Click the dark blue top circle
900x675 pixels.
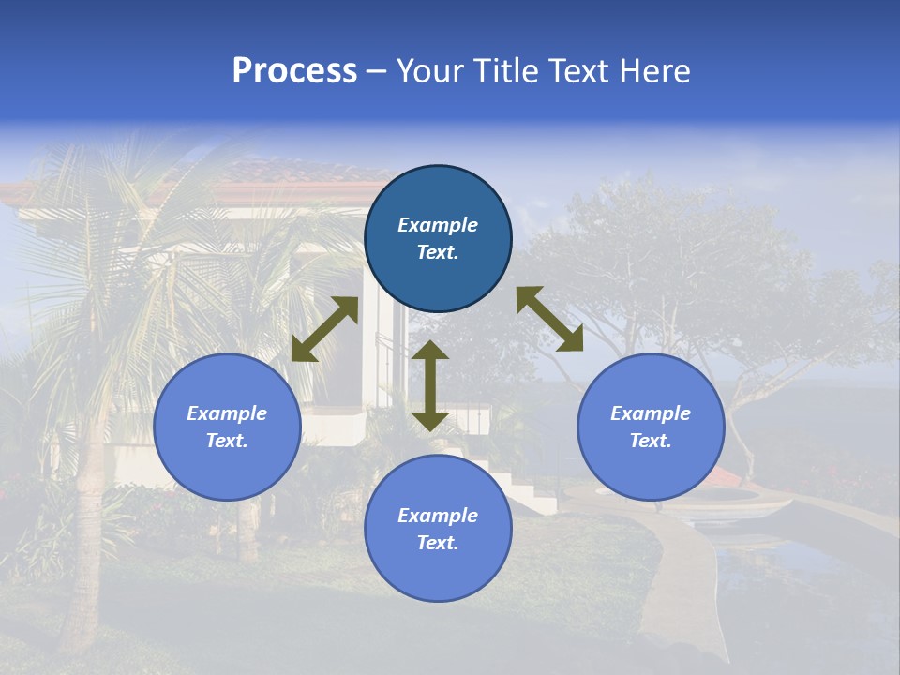pos(438,239)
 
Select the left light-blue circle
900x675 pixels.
pos(227,427)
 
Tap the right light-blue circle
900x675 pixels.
pos(651,427)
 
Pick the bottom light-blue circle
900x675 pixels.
pos(438,529)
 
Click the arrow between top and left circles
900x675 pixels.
pos(324,329)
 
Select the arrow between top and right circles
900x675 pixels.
pos(549,319)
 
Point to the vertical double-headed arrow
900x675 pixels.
pos(430,385)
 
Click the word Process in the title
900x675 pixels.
pos(294,71)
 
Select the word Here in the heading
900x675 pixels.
pos(655,71)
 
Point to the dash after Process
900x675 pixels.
pos(377,72)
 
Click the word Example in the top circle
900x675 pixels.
pos(438,225)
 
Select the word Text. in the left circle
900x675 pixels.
pos(227,441)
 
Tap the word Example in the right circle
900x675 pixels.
pos(651,413)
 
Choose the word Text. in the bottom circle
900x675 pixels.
pos(438,543)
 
